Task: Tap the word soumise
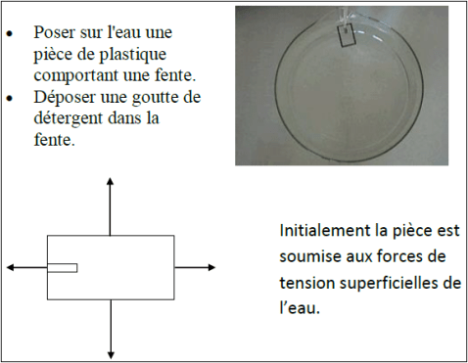pos(308,257)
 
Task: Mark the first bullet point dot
pos(10,32)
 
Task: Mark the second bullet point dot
pos(10,98)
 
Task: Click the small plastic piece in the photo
pos(348,36)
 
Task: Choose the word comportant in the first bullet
pos(74,74)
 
